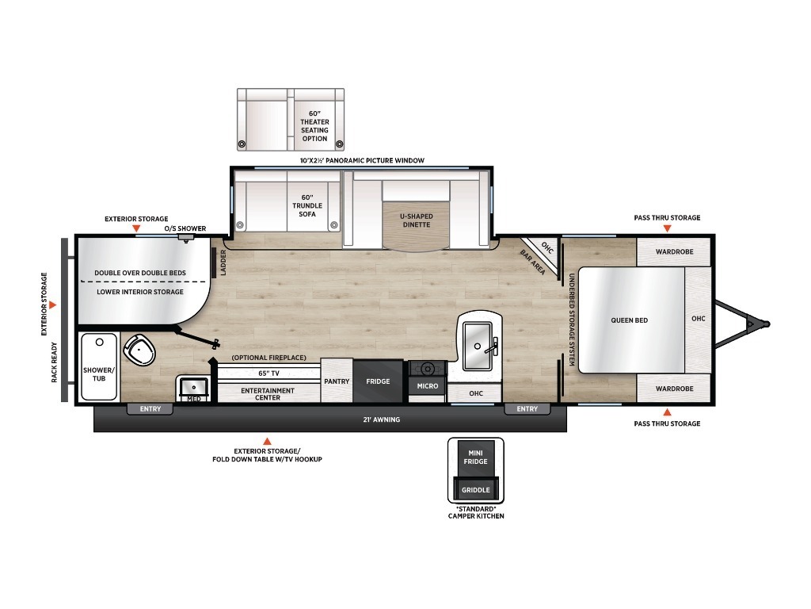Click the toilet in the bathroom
point(139,350)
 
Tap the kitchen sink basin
point(477,346)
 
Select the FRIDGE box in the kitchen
point(378,381)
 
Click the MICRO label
point(427,386)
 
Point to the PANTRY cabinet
point(337,381)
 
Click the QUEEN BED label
point(629,320)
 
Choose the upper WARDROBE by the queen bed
point(674,251)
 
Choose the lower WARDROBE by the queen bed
point(674,389)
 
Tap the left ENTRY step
point(150,409)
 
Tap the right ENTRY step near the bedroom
point(527,409)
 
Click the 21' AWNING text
point(381,419)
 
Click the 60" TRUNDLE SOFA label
point(307,205)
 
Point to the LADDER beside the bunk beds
point(214,263)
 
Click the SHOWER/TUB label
point(99,374)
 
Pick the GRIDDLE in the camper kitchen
point(475,488)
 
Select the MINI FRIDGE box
point(475,458)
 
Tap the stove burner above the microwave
point(427,369)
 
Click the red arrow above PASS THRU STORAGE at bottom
point(667,412)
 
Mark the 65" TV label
point(268,373)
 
